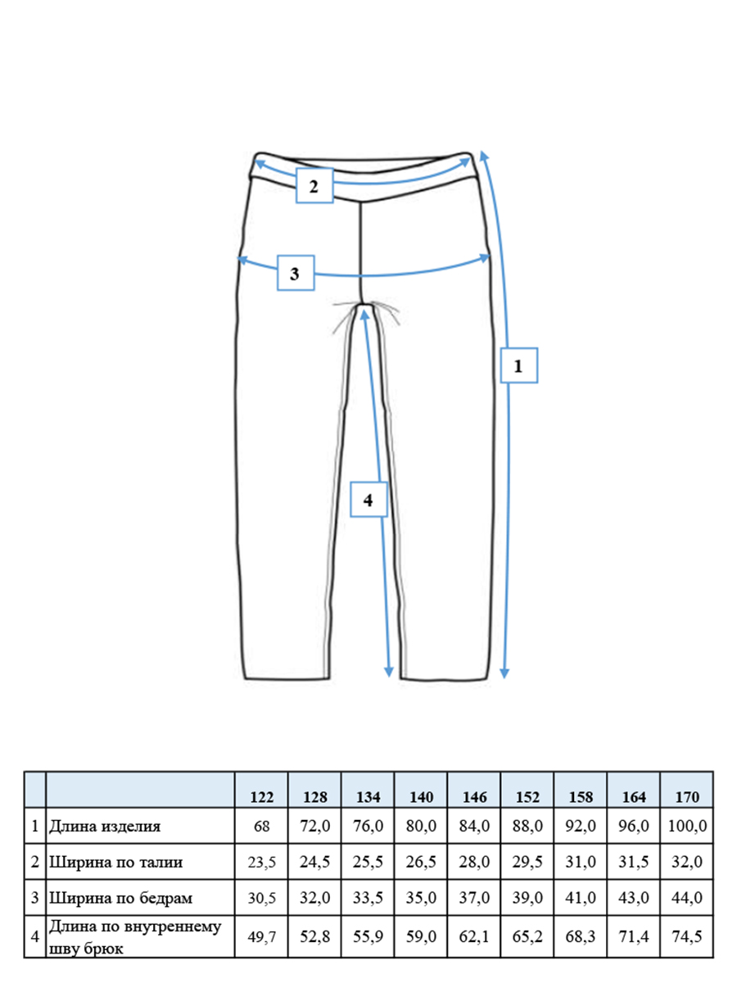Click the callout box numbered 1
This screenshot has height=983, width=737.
click(518, 365)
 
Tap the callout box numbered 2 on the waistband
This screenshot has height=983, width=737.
click(314, 186)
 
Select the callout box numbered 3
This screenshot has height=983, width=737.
click(296, 273)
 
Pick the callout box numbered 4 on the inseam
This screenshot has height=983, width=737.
click(368, 500)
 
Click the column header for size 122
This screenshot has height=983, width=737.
click(261, 797)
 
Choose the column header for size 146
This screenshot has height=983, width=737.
click(474, 797)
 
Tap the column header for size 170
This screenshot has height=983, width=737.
click(686, 797)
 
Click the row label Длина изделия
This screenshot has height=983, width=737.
click(105, 826)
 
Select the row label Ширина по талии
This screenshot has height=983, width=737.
click(116, 862)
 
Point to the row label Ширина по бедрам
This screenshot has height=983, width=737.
click(121, 898)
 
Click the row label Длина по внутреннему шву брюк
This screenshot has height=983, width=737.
click(135, 936)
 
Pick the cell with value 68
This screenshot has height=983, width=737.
click(261, 826)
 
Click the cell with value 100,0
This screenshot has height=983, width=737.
click(687, 826)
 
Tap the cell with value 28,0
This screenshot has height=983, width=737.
click(474, 862)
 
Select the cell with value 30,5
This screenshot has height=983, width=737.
click(262, 898)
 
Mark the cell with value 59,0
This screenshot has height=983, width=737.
click(421, 936)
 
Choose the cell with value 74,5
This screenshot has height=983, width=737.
click(687, 936)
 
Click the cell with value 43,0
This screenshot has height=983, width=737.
click(634, 898)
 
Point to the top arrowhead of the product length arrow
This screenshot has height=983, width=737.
click(484, 156)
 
